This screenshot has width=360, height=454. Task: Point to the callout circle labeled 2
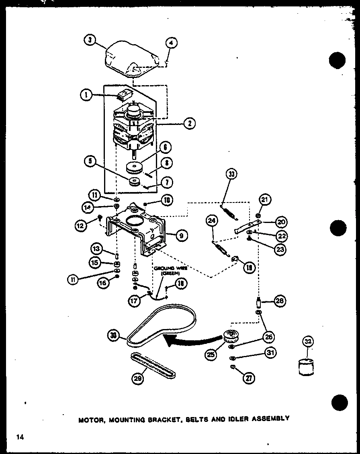click(189, 123)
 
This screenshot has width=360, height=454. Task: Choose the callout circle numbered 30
click(115, 334)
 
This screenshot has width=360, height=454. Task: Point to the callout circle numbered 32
click(308, 342)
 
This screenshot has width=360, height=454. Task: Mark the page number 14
click(20, 437)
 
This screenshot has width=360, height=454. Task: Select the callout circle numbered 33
click(232, 175)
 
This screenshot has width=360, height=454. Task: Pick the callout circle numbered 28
click(280, 301)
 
